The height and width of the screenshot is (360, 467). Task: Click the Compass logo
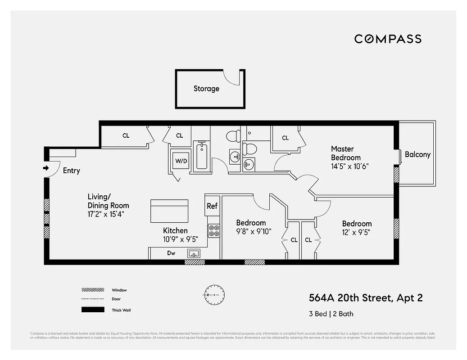pos(388,39)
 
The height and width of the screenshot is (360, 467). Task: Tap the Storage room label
pos(206,89)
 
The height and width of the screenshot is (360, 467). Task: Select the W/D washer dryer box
pos(181,161)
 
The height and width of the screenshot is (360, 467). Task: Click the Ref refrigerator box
pos(212,206)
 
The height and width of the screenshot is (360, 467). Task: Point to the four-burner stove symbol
pos(213,231)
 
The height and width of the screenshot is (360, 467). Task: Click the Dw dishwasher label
pos(171,253)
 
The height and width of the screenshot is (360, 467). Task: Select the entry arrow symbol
pos(45,168)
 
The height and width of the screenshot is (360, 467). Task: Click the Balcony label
pos(417,154)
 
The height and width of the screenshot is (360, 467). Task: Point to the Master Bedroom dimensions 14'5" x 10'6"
pos(350,166)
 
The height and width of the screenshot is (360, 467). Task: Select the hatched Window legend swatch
pos(92,290)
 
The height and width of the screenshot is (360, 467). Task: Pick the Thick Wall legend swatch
pos(92,310)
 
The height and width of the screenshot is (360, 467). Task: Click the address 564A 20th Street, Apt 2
pos(366,298)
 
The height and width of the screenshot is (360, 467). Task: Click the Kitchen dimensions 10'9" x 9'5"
pos(180,239)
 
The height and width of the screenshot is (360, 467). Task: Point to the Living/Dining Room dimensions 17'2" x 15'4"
pos(105,214)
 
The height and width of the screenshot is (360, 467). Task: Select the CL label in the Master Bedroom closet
pos(285,138)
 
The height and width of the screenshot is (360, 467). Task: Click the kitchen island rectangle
pos(169,211)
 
